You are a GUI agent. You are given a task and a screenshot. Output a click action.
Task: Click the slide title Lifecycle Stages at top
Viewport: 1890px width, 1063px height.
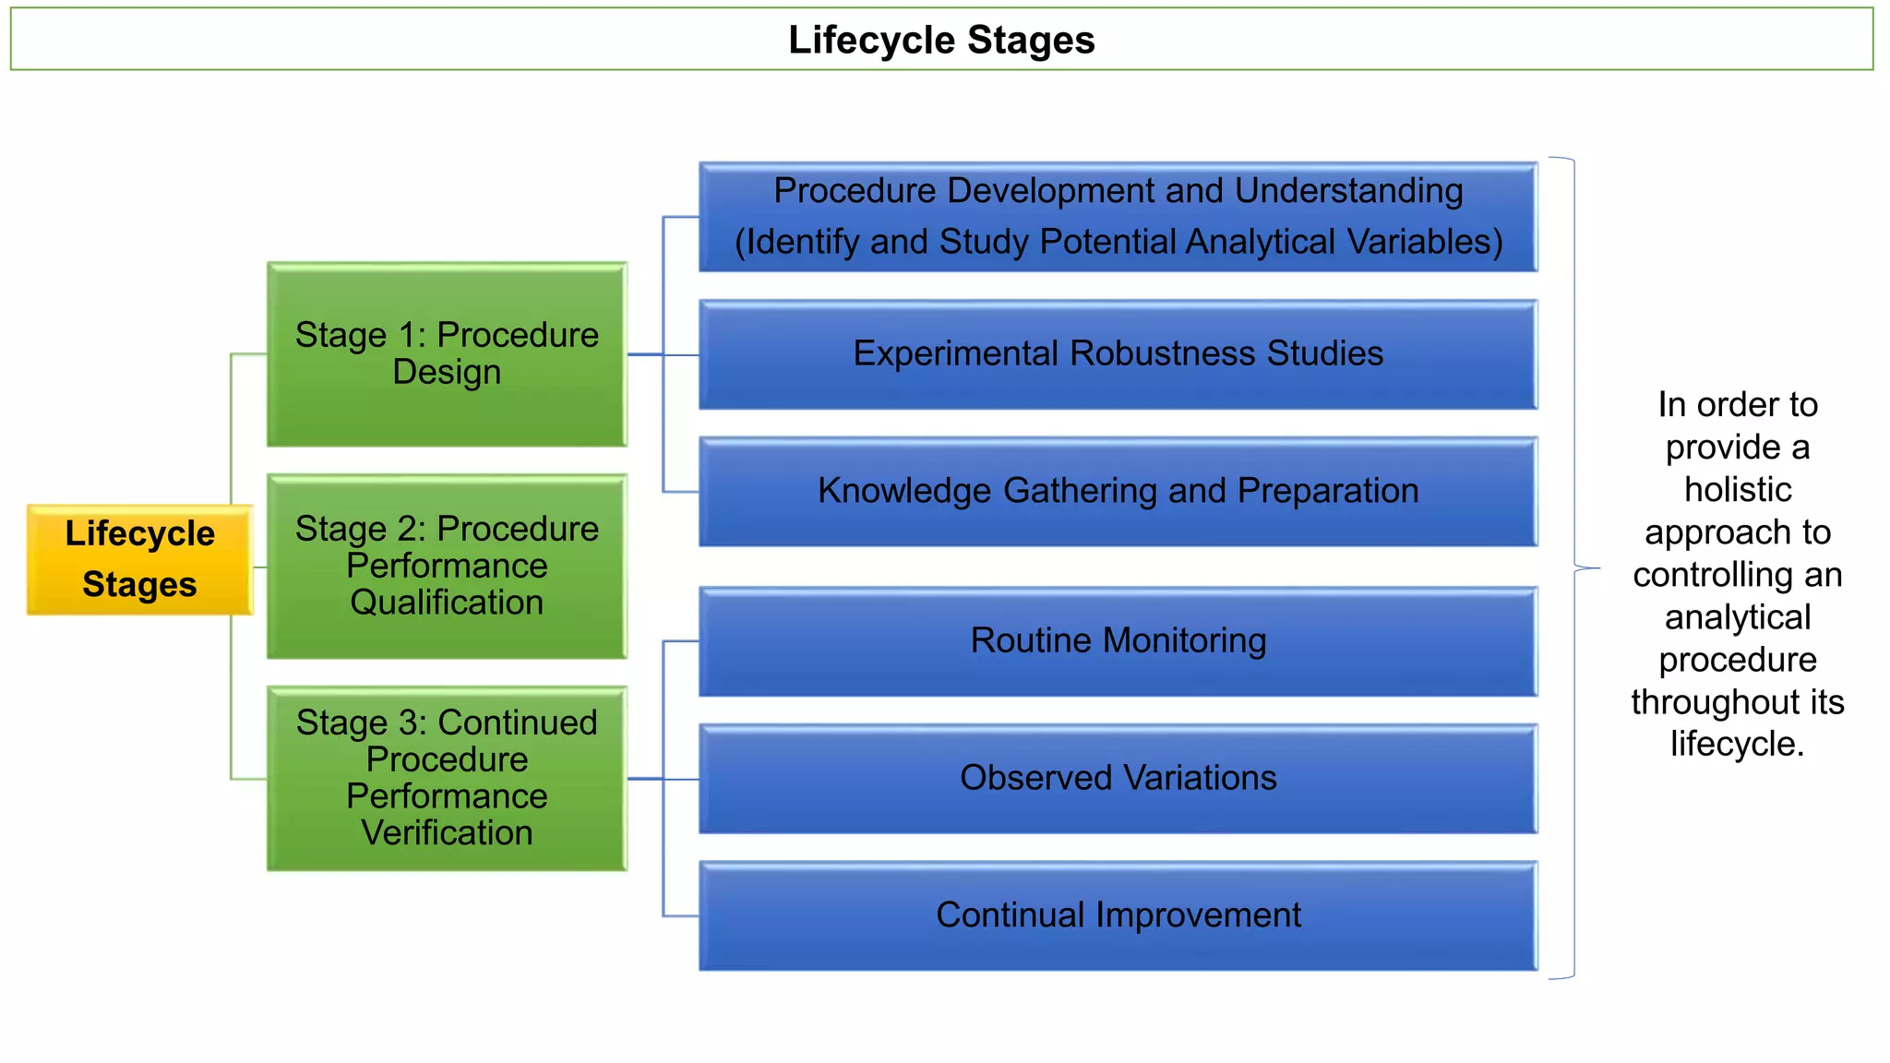click(941, 40)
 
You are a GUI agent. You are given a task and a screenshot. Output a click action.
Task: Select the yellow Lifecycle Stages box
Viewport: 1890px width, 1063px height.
click(139, 559)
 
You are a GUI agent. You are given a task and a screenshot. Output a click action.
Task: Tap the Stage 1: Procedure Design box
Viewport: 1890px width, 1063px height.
click(447, 354)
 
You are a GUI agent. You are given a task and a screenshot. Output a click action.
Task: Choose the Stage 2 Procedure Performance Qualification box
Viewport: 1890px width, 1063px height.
click(447, 566)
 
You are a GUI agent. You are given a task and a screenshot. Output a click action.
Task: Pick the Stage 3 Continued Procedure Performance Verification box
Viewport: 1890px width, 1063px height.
click(447, 778)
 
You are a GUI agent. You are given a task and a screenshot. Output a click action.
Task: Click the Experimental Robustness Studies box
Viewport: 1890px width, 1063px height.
click(1118, 354)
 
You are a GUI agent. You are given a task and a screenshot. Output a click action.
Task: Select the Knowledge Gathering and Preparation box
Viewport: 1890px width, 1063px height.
click(1118, 492)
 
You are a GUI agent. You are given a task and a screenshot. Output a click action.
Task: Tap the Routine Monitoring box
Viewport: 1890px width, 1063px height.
click(1118, 641)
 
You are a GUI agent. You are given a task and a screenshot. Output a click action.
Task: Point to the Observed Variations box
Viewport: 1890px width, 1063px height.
click(1118, 779)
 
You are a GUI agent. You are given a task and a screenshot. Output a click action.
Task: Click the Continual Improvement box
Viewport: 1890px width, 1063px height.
click(1118, 915)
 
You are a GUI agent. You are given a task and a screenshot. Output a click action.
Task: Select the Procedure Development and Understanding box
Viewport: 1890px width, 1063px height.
click(1118, 217)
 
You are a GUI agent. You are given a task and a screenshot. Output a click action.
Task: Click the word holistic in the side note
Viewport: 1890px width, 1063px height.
click(1738, 490)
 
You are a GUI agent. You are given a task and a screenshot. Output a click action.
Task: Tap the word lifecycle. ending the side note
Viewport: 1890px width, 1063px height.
click(1737, 744)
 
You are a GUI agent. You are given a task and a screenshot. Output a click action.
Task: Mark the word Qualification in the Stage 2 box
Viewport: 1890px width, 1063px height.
click(447, 603)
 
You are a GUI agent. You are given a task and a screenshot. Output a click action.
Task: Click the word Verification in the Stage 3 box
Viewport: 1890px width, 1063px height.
click(447, 833)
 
